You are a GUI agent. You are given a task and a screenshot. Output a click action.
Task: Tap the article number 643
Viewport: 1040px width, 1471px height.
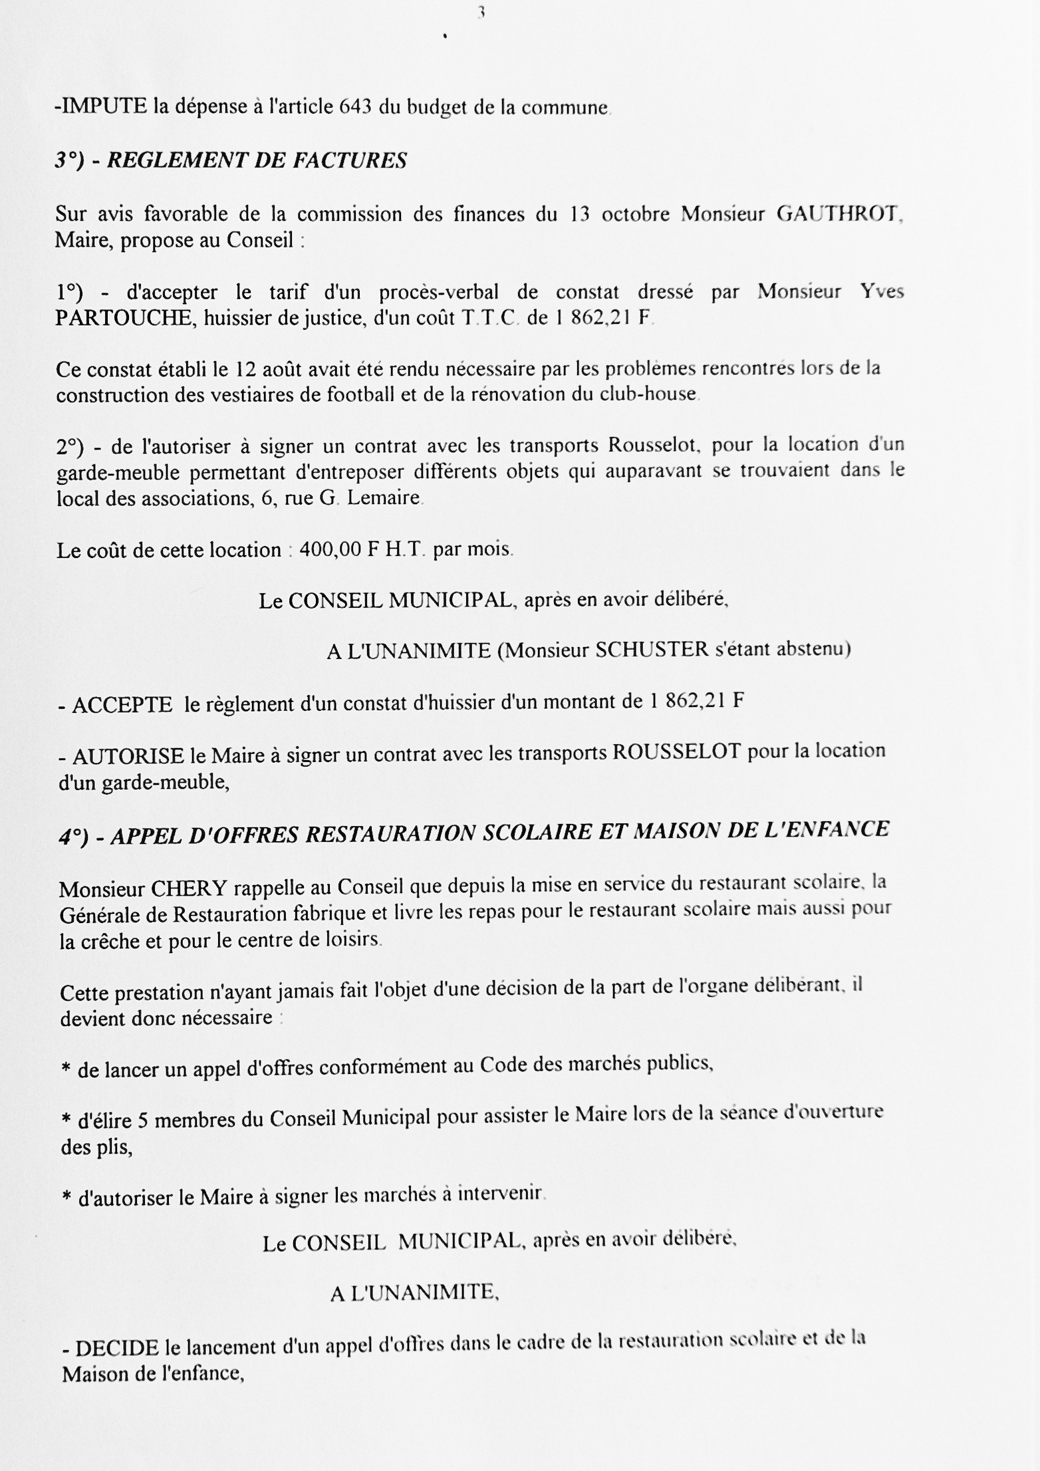click(354, 107)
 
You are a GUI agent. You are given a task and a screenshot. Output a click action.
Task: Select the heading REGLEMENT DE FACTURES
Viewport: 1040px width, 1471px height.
click(257, 161)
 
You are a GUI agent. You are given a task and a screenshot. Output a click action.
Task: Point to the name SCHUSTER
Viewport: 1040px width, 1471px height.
click(652, 650)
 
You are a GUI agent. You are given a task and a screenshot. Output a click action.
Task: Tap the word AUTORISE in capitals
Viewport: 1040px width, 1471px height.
click(128, 757)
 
